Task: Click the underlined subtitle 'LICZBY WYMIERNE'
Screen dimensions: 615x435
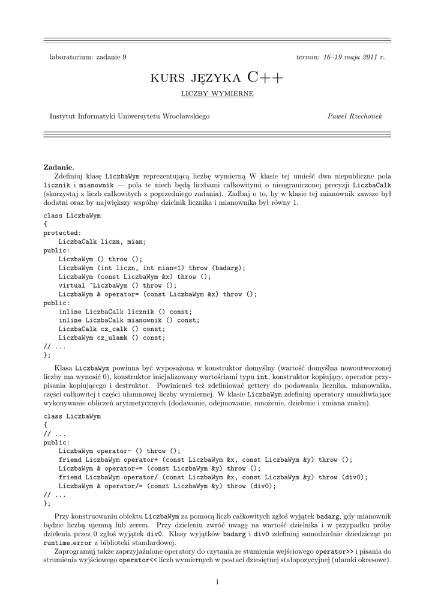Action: click(217, 94)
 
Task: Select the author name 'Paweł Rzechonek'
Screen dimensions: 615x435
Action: click(356, 115)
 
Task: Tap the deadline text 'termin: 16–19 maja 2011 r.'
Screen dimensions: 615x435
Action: click(341, 56)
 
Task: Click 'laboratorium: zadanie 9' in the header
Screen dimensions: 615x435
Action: click(88, 56)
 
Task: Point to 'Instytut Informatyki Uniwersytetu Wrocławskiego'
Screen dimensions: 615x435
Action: click(130, 115)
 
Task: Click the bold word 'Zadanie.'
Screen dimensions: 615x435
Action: click(59, 167)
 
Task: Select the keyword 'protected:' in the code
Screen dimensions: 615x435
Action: click(62, 232)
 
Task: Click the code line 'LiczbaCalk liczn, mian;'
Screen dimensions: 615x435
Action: click(102, 241)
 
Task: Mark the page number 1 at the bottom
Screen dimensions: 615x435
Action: click(217, 582)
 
